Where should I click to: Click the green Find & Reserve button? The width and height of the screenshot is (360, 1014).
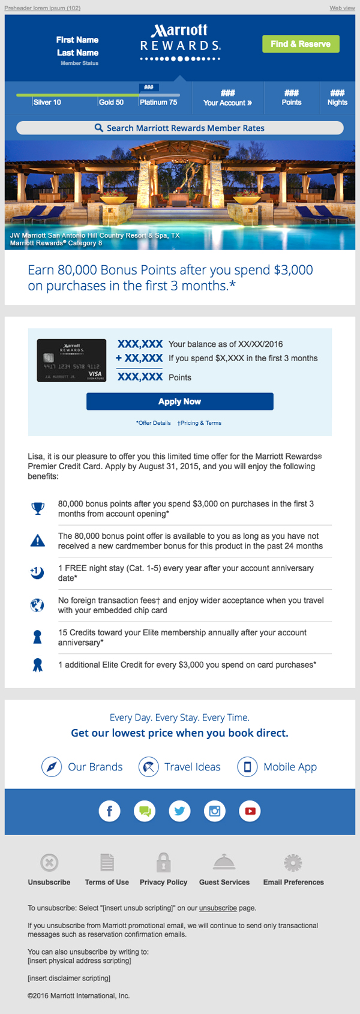301,44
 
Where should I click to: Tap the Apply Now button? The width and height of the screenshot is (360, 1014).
179,401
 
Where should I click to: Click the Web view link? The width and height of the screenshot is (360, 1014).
342,8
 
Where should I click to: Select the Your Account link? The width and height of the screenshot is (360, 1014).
227,103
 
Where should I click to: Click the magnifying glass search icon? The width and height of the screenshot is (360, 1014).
99,128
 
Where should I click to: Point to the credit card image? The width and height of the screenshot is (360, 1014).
71,360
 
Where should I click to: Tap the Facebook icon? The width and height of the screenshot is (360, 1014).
109,811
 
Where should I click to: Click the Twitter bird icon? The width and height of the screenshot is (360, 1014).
179,811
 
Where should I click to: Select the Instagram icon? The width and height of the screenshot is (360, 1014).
215,811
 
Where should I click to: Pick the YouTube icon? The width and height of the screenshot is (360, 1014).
250,811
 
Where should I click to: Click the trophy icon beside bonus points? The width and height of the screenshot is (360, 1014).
38,509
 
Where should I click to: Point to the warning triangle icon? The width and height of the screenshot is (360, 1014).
38,541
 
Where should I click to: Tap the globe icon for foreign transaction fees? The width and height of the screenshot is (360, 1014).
37,605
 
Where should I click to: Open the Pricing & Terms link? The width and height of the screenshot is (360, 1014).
200,423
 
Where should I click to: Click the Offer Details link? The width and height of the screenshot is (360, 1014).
154,423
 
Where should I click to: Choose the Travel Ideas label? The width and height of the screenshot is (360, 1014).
192,767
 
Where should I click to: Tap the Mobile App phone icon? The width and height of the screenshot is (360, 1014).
247,767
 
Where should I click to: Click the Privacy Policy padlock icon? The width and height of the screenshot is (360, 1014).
163,863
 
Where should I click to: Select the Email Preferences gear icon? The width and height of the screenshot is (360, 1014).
293,863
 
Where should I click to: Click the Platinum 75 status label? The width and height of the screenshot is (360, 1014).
158,103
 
